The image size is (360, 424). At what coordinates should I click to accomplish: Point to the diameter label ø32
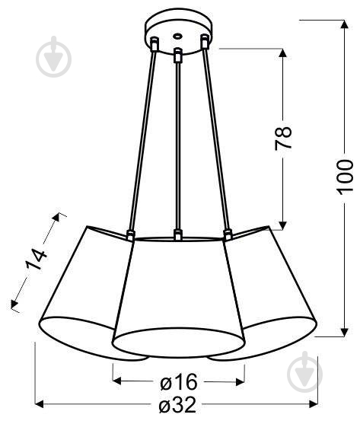click(177, 406)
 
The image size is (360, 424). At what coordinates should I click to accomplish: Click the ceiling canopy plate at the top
click(177, 29)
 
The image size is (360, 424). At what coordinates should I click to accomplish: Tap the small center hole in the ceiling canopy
click(177, 35)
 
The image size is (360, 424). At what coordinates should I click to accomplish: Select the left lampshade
click(76, 289)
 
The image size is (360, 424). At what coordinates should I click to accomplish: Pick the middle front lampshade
click(178, 297)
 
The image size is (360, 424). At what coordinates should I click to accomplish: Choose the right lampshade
click(274, 289)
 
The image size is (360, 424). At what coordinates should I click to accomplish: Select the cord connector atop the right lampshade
click(226, 234)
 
